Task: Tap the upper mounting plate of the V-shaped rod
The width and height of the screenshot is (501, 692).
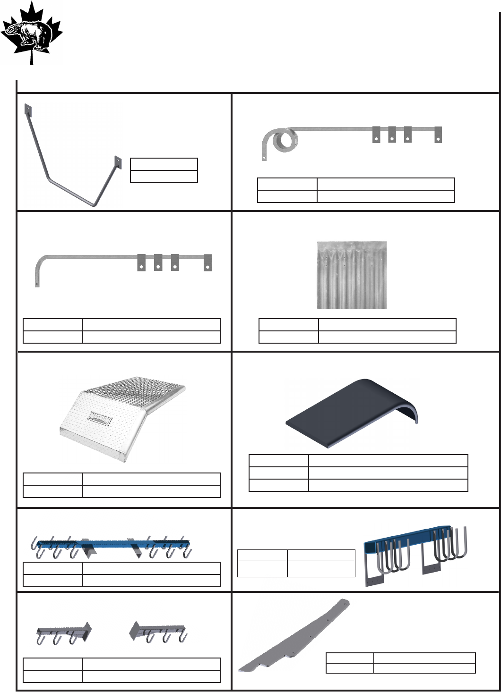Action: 27,110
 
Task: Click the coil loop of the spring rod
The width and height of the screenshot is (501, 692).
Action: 285,140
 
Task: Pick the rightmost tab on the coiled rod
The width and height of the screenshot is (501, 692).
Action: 438,134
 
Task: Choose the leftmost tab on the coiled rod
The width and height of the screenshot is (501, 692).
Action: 377,134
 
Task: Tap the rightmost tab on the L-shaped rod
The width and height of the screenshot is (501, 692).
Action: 207,262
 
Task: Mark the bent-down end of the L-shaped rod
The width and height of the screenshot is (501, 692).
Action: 37,278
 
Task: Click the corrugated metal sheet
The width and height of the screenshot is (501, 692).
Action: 352,275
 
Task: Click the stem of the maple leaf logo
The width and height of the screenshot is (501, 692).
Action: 32,59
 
